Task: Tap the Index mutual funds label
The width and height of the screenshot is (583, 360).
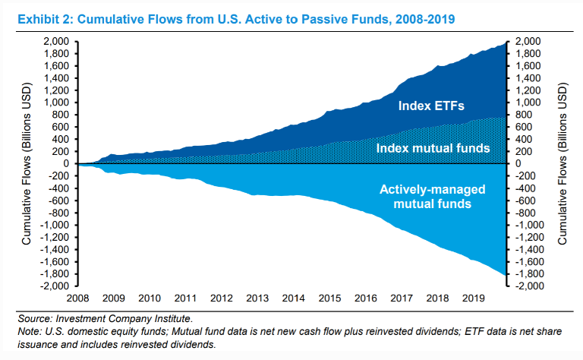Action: (x=433, y=147)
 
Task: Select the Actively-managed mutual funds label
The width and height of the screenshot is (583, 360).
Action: (x=432, y=196)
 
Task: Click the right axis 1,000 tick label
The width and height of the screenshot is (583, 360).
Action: (x=529, y=103)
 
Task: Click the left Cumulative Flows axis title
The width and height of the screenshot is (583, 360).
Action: (x=27, y=164)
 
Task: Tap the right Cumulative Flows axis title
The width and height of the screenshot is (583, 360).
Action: (x=563, y=164)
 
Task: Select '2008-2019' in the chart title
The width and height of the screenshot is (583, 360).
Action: (x=421, y=17)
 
